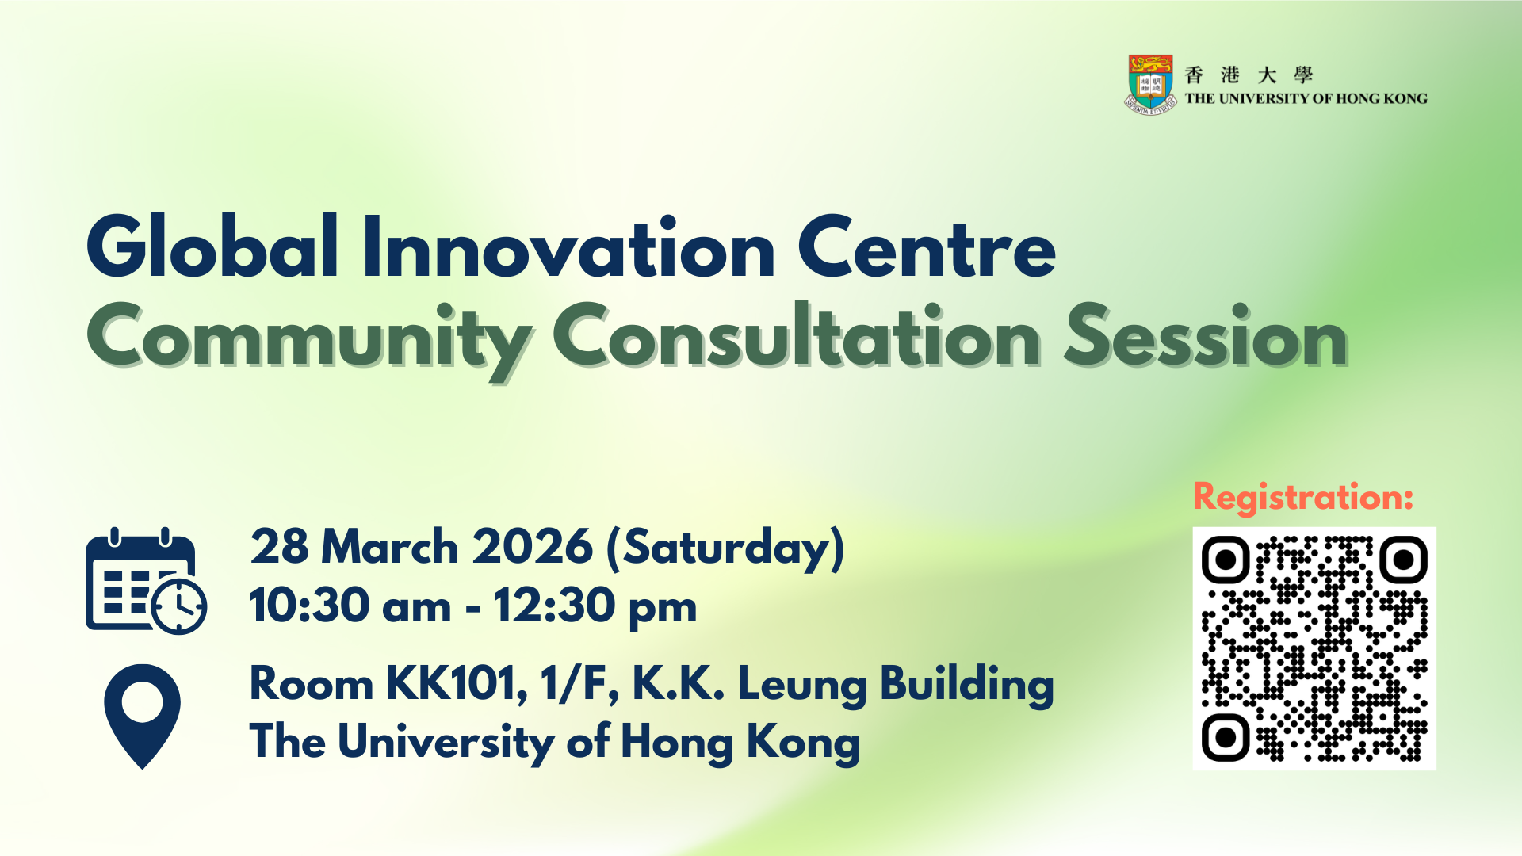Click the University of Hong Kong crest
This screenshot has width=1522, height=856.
(1150, 85)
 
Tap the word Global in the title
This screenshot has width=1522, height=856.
(213, 246)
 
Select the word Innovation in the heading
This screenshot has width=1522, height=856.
(568, 246)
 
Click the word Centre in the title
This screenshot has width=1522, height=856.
(926, 248)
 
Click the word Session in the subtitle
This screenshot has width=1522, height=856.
(1206, 337)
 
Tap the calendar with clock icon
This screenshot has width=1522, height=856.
(146, 581)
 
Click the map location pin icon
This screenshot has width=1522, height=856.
(143, 717)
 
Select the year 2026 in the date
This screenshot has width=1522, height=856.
(532, 547)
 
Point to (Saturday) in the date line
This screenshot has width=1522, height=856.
(725, 548)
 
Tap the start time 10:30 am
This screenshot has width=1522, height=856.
(350, 606)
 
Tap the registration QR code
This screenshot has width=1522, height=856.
(1314, 648)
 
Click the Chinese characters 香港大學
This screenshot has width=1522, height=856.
(1249, 75)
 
